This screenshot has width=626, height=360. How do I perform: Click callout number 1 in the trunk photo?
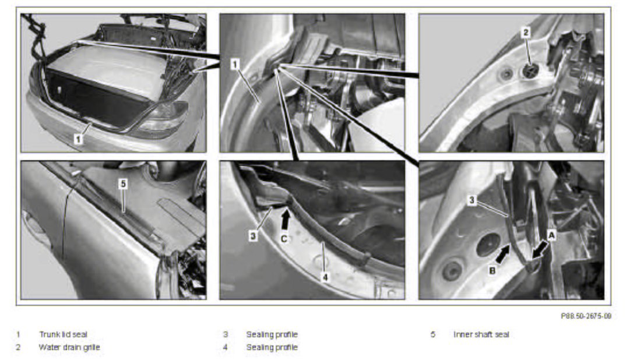tap(78, 139)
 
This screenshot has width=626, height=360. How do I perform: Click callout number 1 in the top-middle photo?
tap(235, 65)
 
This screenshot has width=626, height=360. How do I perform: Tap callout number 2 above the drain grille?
tap(526, 32)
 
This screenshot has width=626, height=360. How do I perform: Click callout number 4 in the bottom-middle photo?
tap(325, 276)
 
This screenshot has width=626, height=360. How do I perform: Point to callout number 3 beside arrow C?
tap(253, 236)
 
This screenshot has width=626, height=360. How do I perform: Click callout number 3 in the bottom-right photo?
tap(472, 200)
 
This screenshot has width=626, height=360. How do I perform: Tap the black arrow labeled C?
tap(285, 220)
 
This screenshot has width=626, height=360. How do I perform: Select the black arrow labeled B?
tap(502, 254)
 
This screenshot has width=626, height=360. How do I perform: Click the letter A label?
tap(551, 236)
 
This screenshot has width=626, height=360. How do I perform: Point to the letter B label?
tap(493, 270)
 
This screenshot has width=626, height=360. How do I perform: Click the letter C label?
tap(284, 239)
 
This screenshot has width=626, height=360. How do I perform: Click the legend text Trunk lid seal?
tap(63, 334)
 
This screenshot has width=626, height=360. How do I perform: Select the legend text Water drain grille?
tap(69, 347)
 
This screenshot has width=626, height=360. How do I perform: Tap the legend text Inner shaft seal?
tap(481, 334)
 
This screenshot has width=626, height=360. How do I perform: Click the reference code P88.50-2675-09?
tap(586, 316)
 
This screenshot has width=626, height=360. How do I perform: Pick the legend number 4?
tap(225, 347)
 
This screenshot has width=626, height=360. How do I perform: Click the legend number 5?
tap(433, 334)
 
